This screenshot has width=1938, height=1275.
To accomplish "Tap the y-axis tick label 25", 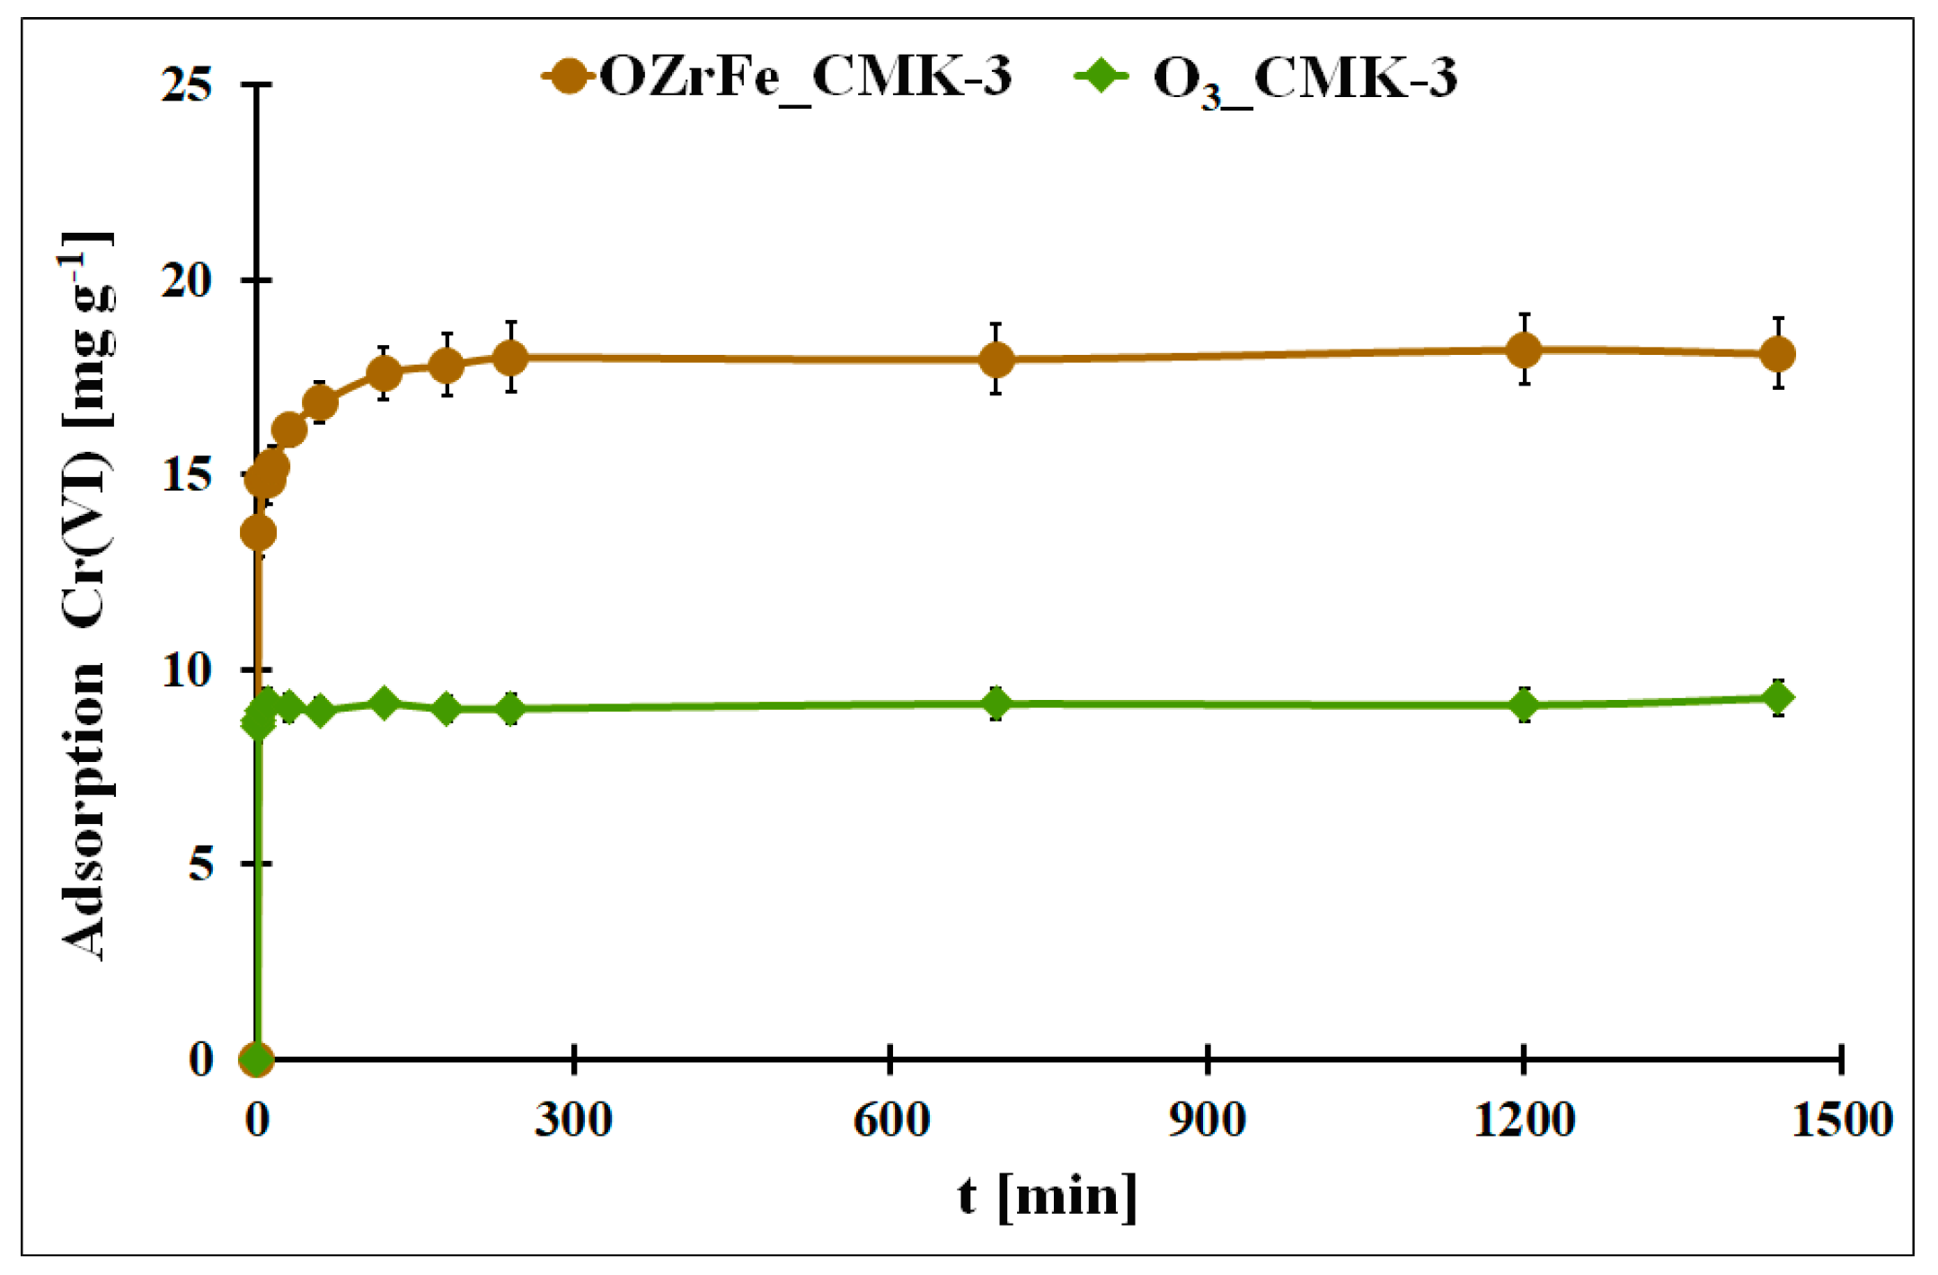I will (187, 85).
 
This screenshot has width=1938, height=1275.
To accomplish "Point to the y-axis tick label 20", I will (187, 280).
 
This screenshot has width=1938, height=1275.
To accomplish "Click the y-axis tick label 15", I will (187, 475).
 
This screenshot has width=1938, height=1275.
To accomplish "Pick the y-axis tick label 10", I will (187, 669).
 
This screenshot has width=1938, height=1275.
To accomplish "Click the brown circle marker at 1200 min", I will (1524, 350).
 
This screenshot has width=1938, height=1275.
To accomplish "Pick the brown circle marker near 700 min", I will (996, 359).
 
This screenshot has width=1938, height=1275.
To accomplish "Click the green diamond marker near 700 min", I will (996, 704).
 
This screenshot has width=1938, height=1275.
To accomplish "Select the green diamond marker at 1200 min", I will (1524, 705).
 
